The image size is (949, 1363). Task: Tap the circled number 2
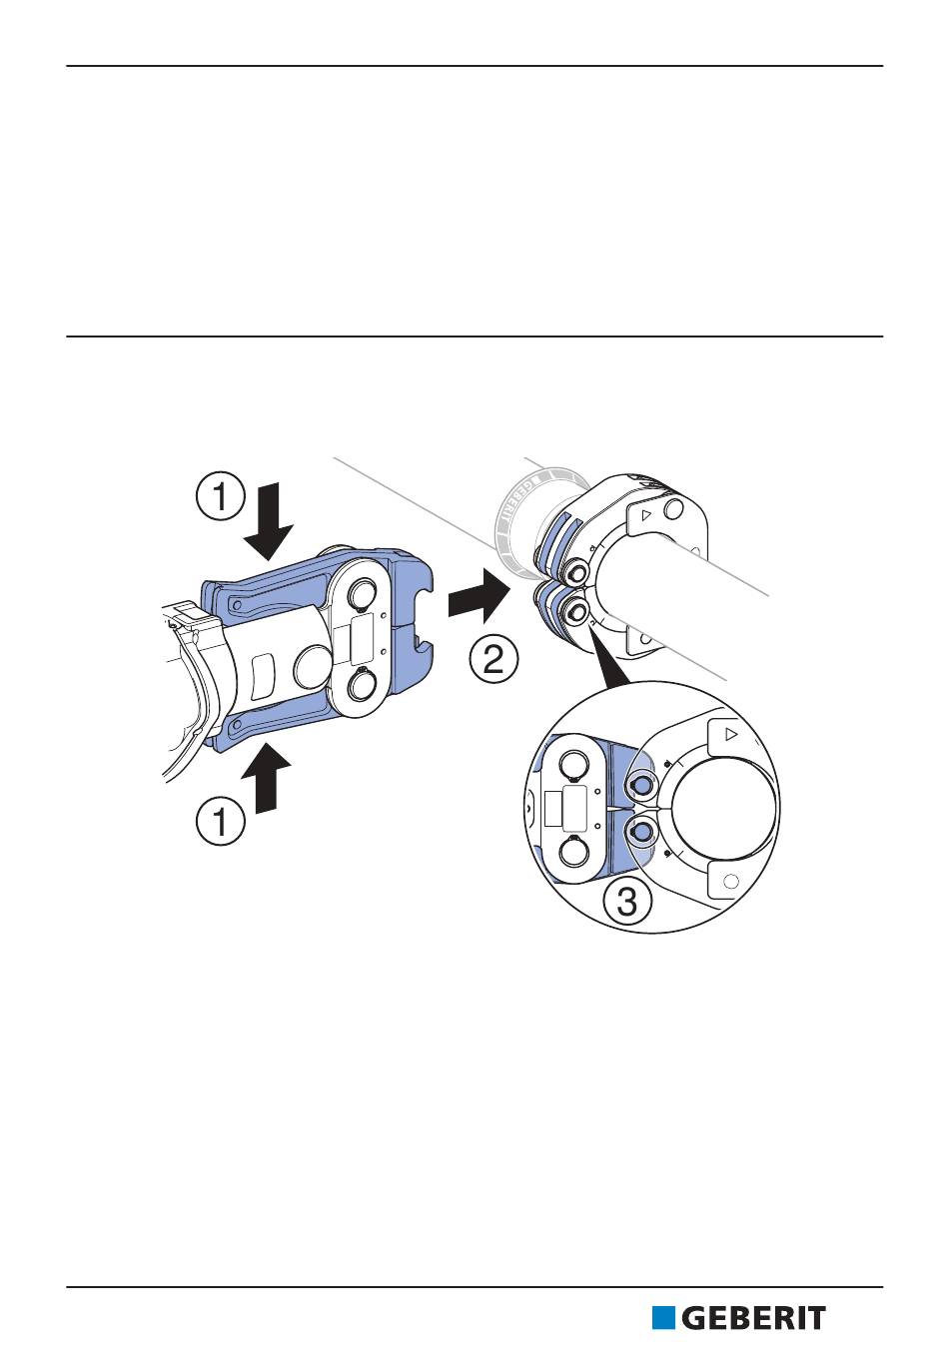point(493,660)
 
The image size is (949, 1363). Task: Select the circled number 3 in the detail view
point(626,902)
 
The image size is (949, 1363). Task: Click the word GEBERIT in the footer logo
point(754,1318)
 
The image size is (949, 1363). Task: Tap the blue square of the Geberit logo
point(663,1318)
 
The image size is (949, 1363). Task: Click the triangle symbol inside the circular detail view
point(731,735)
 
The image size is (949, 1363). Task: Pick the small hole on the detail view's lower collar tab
point(730,882)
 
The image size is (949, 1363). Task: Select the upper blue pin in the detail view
point(642,785)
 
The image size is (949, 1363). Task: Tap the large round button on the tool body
point(315,666)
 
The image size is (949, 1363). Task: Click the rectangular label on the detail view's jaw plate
point(574,807)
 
